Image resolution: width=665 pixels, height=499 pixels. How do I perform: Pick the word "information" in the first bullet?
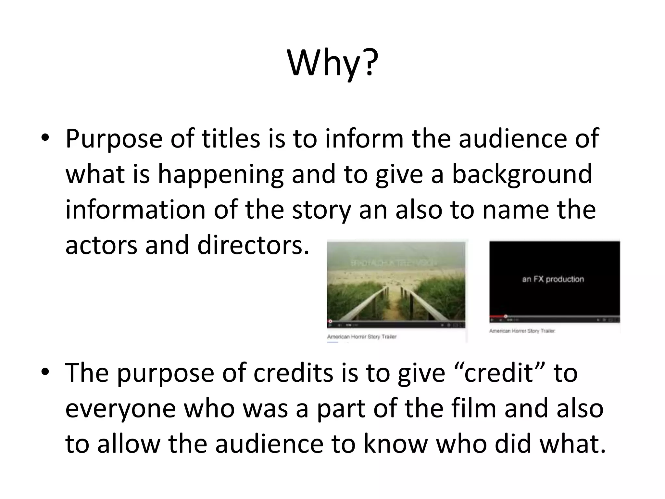tap(135, 210)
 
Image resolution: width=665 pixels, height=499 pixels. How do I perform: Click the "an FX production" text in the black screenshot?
tap(553, 279)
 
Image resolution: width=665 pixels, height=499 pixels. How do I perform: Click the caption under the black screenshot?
tap(522, 331)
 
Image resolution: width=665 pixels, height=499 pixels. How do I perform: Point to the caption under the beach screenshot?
tap(361, 337)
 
